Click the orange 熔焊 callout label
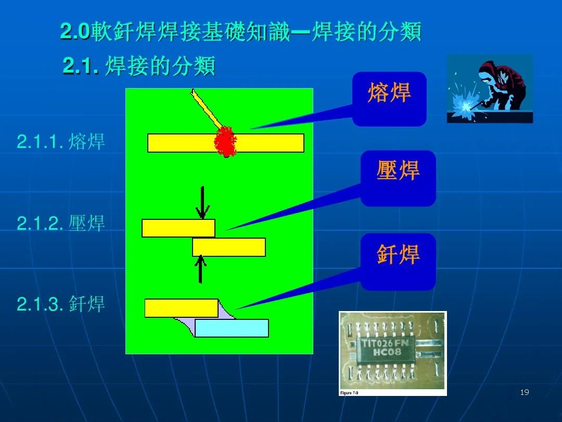tap(389, 93)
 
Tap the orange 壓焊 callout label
tap(398, 170)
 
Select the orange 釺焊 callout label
tap(398, 254)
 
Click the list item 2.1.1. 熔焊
tap(60, 141)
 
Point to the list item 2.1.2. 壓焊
tap(60, 223)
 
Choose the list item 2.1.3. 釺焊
tap(60, 304)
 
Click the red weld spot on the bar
tap(225, 142)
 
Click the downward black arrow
tap(202, 203)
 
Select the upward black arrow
tap(200, 269)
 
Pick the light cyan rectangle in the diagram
tap(232, 328)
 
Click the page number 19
tap(525, 392)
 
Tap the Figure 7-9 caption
tap(349, 393)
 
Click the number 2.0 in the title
tap(74, 31)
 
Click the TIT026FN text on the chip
tap(385, 343)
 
